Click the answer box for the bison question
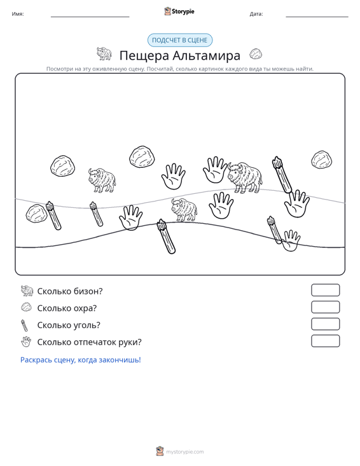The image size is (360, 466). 325,290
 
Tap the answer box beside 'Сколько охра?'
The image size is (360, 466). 325,307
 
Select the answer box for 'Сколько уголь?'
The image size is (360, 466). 325,324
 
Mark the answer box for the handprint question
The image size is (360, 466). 325,341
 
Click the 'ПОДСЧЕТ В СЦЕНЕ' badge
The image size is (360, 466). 180,40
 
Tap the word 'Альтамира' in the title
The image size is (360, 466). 206,55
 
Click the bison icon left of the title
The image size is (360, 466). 104,53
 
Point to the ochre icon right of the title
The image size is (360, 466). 256,54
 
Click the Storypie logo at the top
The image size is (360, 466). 179,11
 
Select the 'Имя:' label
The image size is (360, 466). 18,14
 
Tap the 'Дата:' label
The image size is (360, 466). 256,14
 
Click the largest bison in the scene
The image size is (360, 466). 245,178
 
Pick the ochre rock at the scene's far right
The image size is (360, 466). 322,160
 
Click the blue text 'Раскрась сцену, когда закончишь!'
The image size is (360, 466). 81,360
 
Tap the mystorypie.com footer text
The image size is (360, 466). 184,452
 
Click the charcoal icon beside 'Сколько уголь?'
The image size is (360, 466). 24,326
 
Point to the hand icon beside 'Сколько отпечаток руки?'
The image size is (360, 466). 26,342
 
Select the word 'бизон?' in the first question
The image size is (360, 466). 88,291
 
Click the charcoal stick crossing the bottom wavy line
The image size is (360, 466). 166,236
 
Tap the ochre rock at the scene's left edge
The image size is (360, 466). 36,214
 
